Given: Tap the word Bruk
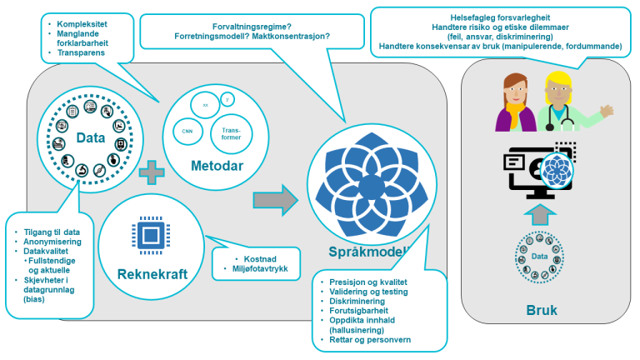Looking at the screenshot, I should click(x=542, y=310).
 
